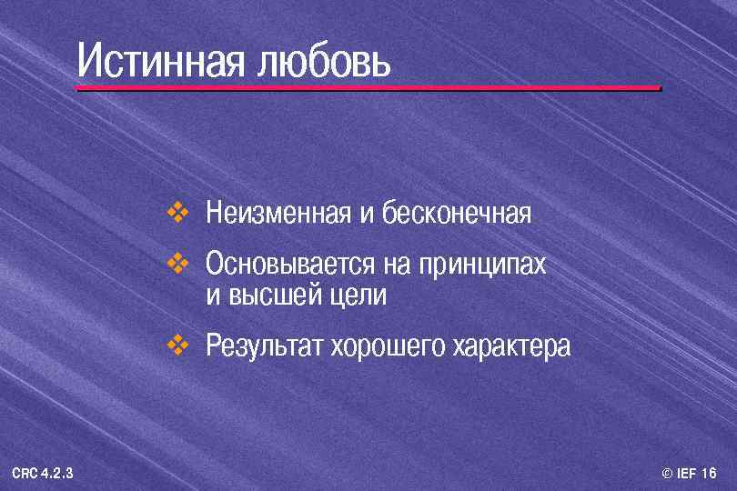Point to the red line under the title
pyautogui.click(x=368, y=88)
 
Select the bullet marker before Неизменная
pyautogui.click(x=176, y=215)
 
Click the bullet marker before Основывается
pyautogui.click(x=176, y=265)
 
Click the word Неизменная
pyautogui.click(x=278, y=215)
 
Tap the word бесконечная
pyautogui.click(x=456, y=215)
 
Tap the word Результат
pyautogui.click(x=264, y=346)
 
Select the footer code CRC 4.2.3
pyautogui.click(x=43, y=473)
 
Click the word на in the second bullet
pyautogui.click(x=397, y=266)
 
